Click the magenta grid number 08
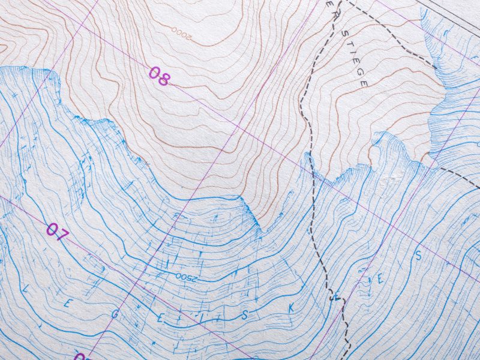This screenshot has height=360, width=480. click(159, 76)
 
